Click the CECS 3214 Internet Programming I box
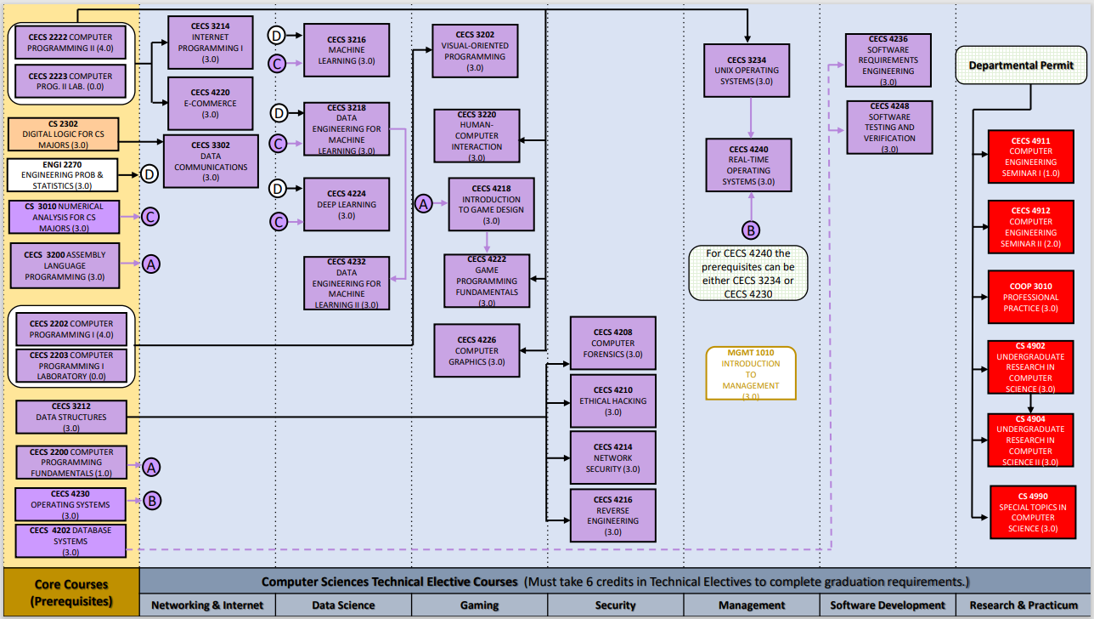point(211,43)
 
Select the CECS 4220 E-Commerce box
point(211,103)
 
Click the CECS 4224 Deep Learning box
point(347,204)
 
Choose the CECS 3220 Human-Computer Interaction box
point(477,135)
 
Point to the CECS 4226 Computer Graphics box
point(477,350)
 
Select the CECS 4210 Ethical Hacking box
point(613,400)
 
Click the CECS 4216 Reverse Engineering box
point(613,515)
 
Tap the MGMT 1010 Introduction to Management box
point(751,373)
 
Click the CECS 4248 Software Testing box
point(888,128)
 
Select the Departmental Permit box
point(1021,65)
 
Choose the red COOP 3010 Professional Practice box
point(1031,297)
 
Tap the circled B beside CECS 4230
point(151,500)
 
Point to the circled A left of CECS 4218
point(423,203)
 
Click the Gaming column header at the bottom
point(479,605)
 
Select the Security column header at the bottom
point(615,605)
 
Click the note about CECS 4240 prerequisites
point(748,273)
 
